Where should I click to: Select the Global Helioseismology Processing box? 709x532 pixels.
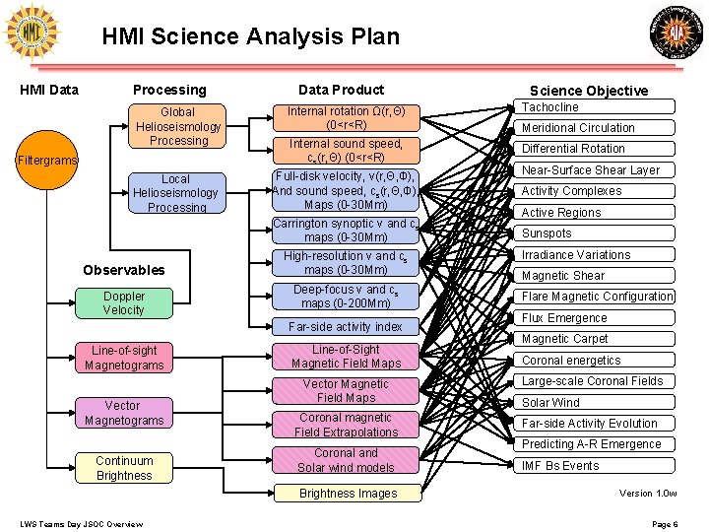(x=178, y=126)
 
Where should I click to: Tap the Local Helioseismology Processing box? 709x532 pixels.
(x=175, y=192)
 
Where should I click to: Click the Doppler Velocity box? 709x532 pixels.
(x=124, y=302)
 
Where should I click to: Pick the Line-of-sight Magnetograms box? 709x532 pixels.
(x=124, y=357)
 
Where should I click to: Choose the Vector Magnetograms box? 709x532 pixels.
(x=124, y=413)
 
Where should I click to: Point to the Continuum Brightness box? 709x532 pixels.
(x=124, y=468)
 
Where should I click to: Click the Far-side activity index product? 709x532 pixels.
(x=345, y=326)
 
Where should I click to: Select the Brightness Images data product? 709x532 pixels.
(x=348, y=493)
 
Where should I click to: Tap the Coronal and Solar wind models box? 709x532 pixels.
(x=346, y=460)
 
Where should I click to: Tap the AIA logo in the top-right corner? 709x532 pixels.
(x=677, y=34)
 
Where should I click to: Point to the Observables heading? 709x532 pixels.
(x=124, y=270)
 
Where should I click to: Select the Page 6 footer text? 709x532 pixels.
(x=665, y=523)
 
